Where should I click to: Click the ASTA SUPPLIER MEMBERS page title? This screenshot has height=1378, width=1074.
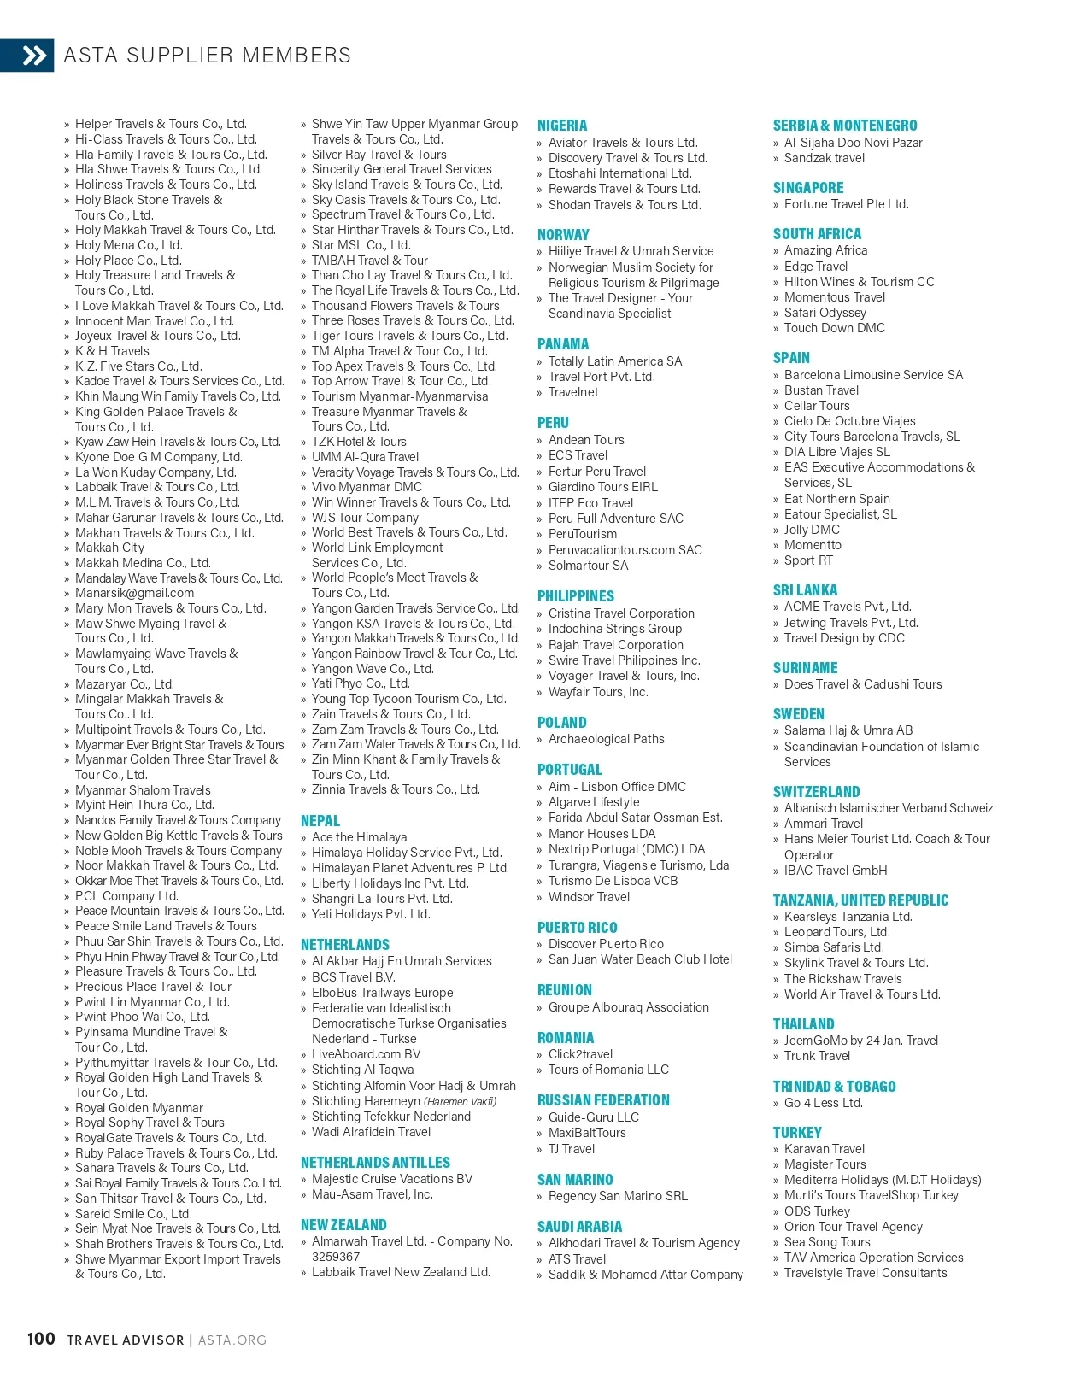click(x=207, y=56)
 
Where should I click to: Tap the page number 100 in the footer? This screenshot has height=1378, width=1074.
click(x=41, y=1339)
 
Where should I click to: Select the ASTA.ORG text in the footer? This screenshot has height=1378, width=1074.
click(x=232, y=1340)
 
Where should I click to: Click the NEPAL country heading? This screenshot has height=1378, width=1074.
click(x=320, y=821)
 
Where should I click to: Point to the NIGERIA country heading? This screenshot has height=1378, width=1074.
click(x=562, y=126)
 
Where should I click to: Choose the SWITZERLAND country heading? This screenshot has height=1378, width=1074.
click(x=816, y=792)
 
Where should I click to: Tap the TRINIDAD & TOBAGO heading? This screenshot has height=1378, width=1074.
click(x=834, y=1087)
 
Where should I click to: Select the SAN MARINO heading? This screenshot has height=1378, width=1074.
click(x=575, y=1180)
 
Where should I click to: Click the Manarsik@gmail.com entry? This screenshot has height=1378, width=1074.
click(x=134, y=593)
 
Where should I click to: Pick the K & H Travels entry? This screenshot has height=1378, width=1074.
click(x=112, y=351)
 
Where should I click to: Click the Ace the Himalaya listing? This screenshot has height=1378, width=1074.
click(x=359, y=837)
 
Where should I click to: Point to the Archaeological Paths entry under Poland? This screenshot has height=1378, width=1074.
click(x=606, y=739)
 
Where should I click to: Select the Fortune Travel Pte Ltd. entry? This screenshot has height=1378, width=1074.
click(x=846, y=204)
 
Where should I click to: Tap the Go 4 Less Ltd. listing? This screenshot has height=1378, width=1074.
click(x=823, y=1103)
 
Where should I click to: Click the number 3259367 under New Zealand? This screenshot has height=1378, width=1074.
click(x=336, y=1257)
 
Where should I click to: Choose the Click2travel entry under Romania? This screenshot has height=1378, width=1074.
click(x=580, y=1054)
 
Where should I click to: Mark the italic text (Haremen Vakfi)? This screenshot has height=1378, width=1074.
click(x=460, y=1101)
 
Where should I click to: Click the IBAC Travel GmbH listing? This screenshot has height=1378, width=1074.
click(x=836, y=871)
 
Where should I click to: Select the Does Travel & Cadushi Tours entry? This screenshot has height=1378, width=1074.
click(x=863, y=684)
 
